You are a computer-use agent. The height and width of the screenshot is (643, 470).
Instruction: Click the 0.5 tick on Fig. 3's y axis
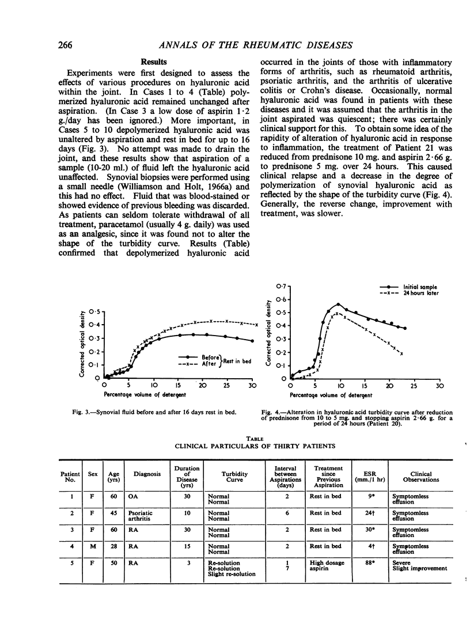coord(92,311)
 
